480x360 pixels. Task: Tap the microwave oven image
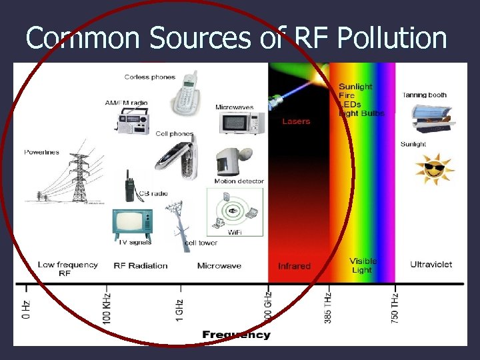(241, 124)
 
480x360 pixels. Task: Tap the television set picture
(131, 223)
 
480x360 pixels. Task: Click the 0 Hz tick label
(26, 309)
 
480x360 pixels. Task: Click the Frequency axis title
(237, 335)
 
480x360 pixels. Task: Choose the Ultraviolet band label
(431, 265)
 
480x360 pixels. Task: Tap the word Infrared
(294, 266)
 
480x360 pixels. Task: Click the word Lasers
(296, 121)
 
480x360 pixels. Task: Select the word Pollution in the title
(392, 38)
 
